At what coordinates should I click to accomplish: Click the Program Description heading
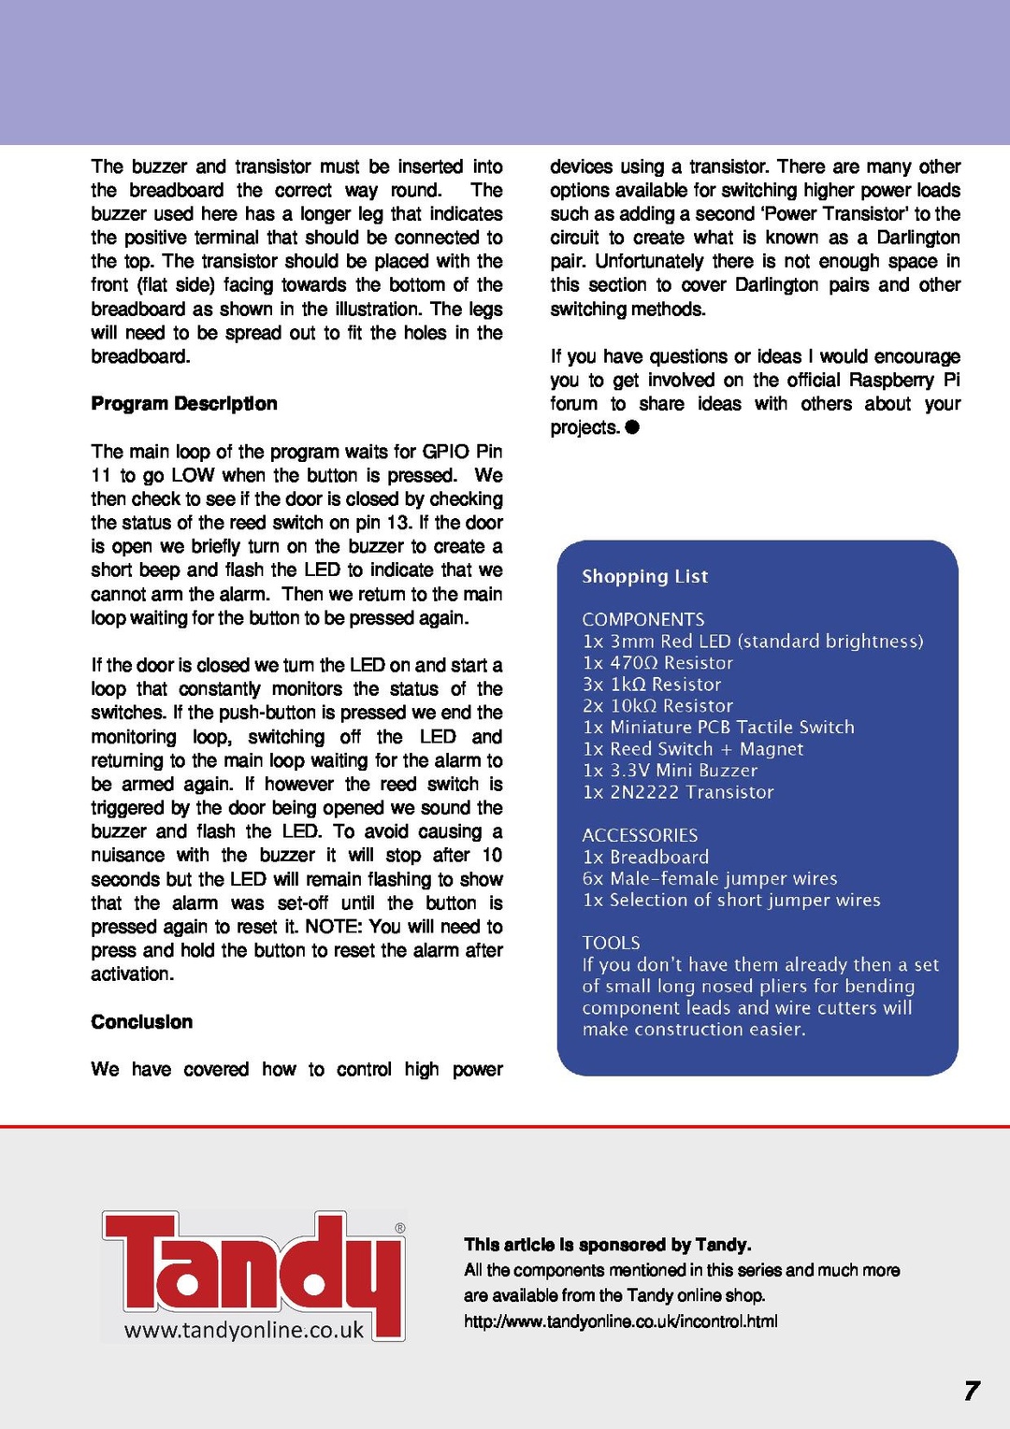point(184,404)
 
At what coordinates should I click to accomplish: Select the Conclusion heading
point(142,1022)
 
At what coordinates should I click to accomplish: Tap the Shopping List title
point(644,576)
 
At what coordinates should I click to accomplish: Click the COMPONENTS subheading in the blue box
point(643,619)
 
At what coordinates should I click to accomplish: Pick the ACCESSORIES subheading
point(640,835)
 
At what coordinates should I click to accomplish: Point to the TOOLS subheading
point(611,943)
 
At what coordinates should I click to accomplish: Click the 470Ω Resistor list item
point(657,663)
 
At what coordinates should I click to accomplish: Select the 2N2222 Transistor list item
point(678,792)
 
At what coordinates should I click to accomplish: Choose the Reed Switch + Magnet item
point(692,749)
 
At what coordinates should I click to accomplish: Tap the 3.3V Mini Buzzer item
point(670,771)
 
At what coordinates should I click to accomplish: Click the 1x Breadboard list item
point(645,857)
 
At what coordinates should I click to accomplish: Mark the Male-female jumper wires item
point(710,878)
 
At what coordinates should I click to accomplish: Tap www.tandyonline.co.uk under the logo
point(244,1330)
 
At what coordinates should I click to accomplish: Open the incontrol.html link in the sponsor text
point(620,1321)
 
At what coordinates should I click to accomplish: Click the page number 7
point(972,1391)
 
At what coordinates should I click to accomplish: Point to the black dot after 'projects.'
point(632,427)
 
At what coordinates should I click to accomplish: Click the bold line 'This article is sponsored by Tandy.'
point(607,1245)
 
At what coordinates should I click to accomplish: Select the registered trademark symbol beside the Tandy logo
point(400,1228)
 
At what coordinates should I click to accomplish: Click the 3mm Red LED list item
point(752,642)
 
